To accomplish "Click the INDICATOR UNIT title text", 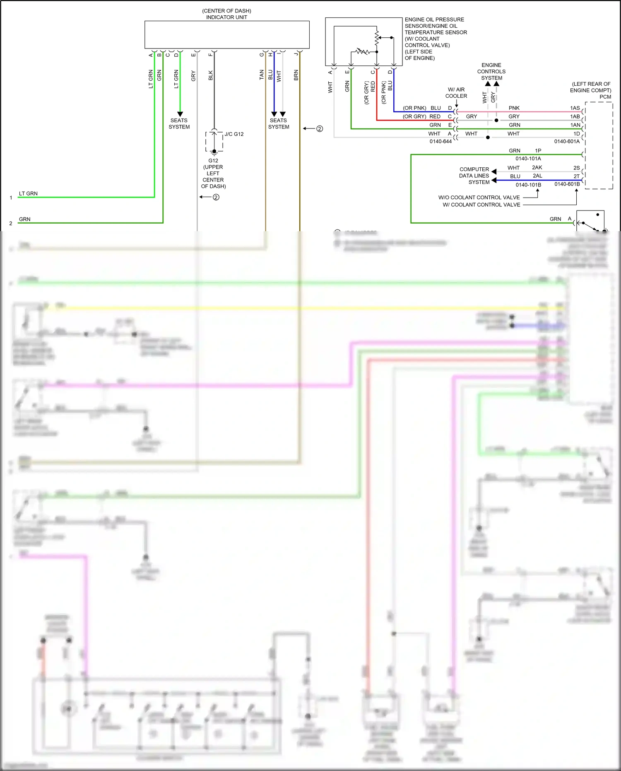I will (x=226, y=17).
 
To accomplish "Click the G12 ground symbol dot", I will (x=214, y=151).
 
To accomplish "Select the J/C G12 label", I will (x=234, y=134).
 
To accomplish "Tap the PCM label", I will (x=605, y=97).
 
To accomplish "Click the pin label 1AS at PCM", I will (x=575, y=108).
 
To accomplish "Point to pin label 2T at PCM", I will (x=576, y=176).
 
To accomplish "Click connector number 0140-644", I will (x=440, y=142).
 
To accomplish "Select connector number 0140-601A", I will (x=567, y=142).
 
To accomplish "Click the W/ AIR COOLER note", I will (x=456, y=93).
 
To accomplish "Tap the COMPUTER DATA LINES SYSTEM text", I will (x=474, y=176).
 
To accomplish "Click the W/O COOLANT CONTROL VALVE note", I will (x=479, y=198).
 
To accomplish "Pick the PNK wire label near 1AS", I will (x=514, y=108).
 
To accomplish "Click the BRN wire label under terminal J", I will (x=296, y=75).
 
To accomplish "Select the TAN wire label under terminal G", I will (x=262, y=75).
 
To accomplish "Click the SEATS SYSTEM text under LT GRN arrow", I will (x=179, y=124).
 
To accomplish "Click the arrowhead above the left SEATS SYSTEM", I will (x=180, y=114).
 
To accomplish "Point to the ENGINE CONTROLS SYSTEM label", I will (x=491, y=72).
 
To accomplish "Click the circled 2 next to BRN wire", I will (x=320, y=129).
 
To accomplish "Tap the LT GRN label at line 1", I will (x=28, y=193).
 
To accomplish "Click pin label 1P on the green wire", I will (x=538, y=151).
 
